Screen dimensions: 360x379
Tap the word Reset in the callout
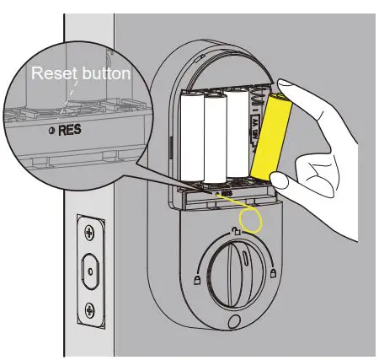pos(50,73)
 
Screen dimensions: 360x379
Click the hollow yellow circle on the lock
pos(250,221)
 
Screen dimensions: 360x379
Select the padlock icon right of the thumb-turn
pos(275,272)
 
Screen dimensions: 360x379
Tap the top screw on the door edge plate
pos(90,228)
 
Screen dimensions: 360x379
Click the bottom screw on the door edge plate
pos(90,309)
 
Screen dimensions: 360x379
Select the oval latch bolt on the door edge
pos(90,269)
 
